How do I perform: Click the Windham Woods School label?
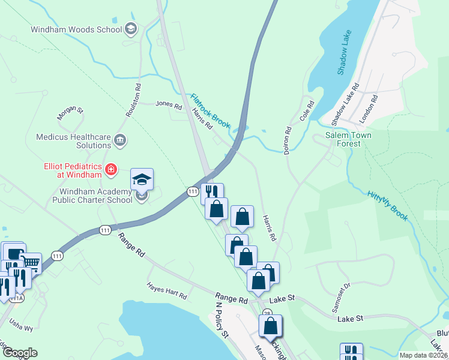coord(76,29)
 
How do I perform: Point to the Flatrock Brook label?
coord(211,110)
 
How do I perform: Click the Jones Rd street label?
coord(169,105)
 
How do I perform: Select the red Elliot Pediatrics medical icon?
coord(110,170)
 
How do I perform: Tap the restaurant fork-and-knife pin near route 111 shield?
coord(212,193)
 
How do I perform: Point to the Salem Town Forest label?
coord(348,140)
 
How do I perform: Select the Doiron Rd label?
coord(288,137)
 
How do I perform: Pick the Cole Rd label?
coord(307,112)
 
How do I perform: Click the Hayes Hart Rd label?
coord(167,292)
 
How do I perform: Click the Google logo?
coord(19,353)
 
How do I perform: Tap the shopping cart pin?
coord(31,263)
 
